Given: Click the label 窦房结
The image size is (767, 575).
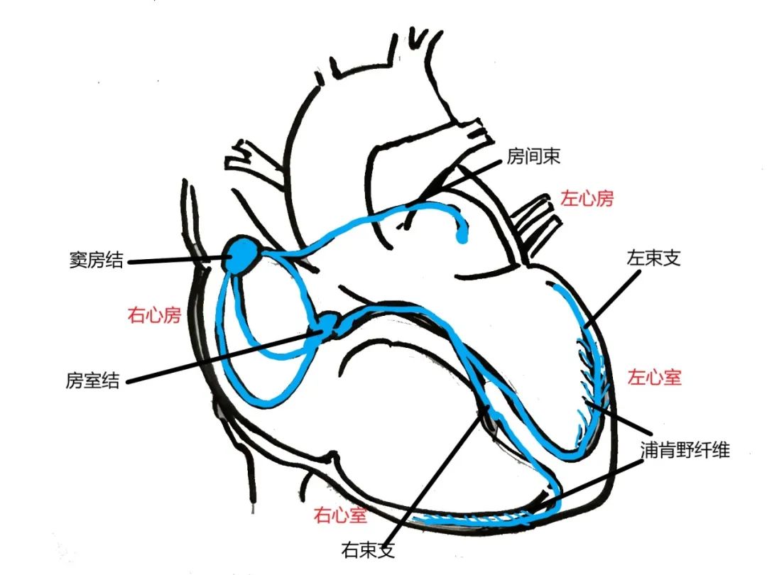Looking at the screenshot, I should [93, 261].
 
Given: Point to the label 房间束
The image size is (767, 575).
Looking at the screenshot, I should [533, 157].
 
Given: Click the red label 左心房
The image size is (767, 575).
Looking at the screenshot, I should [587, 198].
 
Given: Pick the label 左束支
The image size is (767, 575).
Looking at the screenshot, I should [653, 258].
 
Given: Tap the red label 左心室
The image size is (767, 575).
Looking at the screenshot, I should [654, 377].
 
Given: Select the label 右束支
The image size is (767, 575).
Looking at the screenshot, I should [366, 549].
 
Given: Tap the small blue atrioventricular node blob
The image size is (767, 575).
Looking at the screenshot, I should [328, 324].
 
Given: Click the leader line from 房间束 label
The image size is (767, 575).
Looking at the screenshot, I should [462, 182].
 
